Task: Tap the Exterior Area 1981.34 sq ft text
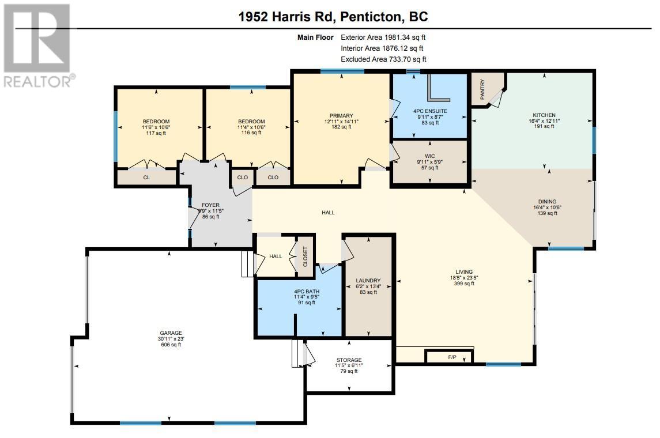383,37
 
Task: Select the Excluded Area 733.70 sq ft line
383,59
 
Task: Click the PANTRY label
482,89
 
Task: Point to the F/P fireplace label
452,357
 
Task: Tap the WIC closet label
430,156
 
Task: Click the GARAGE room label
171,333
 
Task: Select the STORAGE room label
349,360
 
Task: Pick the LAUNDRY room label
368,281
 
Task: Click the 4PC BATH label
307,291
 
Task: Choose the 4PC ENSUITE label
430,111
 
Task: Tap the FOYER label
210,205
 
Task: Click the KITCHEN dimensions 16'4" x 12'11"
544,121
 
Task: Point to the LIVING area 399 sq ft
464,284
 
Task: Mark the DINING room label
547,202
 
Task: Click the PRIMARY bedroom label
341,116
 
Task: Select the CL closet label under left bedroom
146,178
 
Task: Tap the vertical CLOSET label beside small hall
306,256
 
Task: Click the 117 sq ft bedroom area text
156,133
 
